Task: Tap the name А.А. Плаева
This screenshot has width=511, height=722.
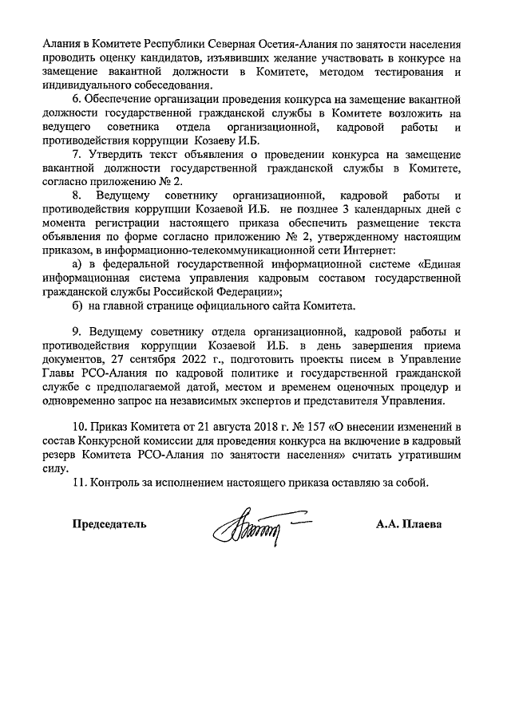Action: pyautogui.click(x=408, y=525)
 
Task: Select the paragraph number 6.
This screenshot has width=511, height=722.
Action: pyautogui.click(x=77, y=100)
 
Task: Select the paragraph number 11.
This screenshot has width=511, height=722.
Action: pyautogui.click(x=78, y=482)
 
